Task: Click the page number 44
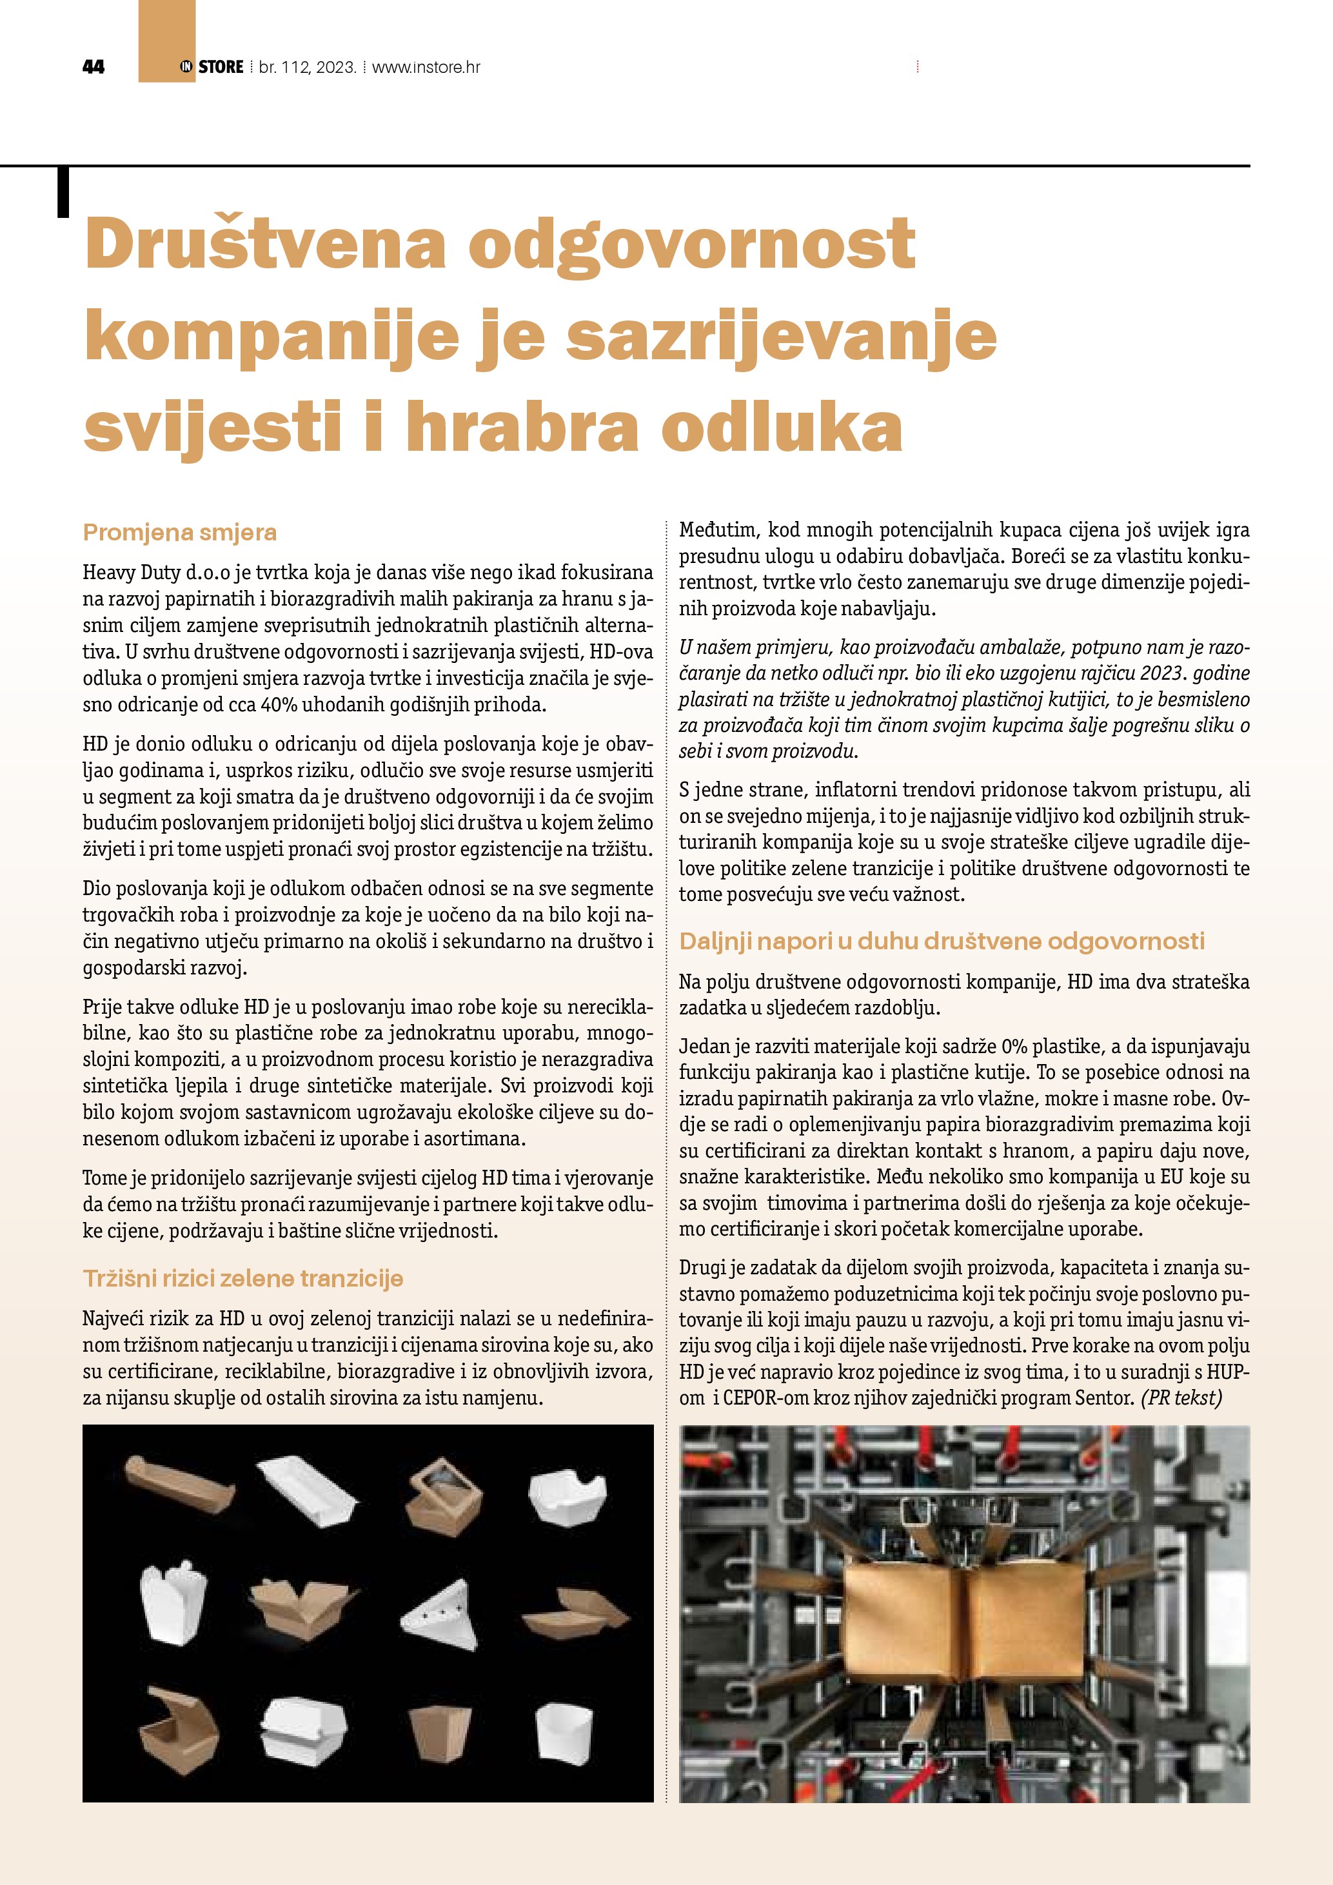(94, 67)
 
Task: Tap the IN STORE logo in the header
(212, 67)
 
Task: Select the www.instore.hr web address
(426, 67)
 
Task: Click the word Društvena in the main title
(265, 244)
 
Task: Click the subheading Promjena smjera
(180, 533)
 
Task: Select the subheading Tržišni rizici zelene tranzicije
(243, 1278)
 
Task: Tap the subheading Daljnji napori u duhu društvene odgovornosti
(942, 941)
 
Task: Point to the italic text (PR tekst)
(1181, 1397)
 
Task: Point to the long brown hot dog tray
(179, 1482)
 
